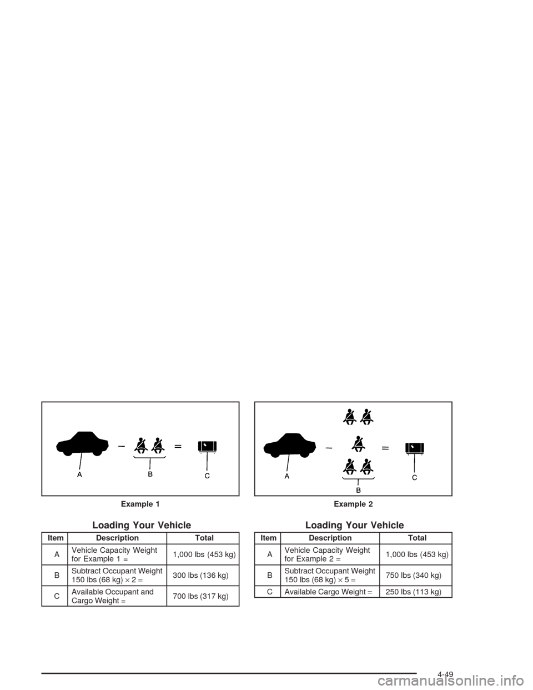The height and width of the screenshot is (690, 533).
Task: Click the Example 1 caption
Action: tap(140, 504)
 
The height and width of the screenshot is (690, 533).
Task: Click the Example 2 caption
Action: tap(354, 504)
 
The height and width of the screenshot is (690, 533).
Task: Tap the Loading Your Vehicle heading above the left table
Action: tap(142, 525)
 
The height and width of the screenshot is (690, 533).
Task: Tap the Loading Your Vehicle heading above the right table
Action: tap(355, 525)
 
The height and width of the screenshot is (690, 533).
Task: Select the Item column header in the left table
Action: tap(54, 538)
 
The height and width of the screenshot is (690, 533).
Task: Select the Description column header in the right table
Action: tap(330, 538)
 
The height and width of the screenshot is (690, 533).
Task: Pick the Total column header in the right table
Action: tap(416, 538)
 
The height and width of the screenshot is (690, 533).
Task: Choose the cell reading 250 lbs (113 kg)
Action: tap(416, 592)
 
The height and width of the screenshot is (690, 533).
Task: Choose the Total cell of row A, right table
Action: tap(416, 554)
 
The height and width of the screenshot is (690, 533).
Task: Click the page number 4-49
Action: tap(446, 673)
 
